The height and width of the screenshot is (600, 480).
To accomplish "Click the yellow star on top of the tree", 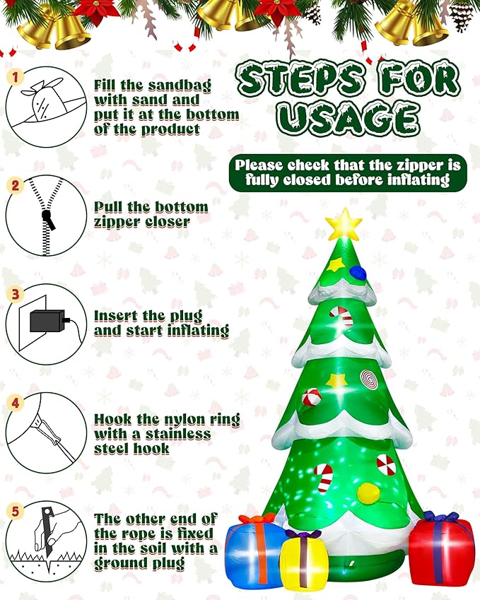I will pyautogui.click(x=344, y=225).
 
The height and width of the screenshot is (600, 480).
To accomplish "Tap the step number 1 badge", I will pyautogui.click(x=14, y=76).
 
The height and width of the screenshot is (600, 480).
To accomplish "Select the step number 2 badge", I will pyautogui.click(x=14, y=186).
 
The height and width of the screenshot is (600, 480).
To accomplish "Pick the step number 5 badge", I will pyautogui.click(x=14, y=511).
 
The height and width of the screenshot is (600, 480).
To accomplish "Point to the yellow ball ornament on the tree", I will pyautogui.click(x=368, y=493).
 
